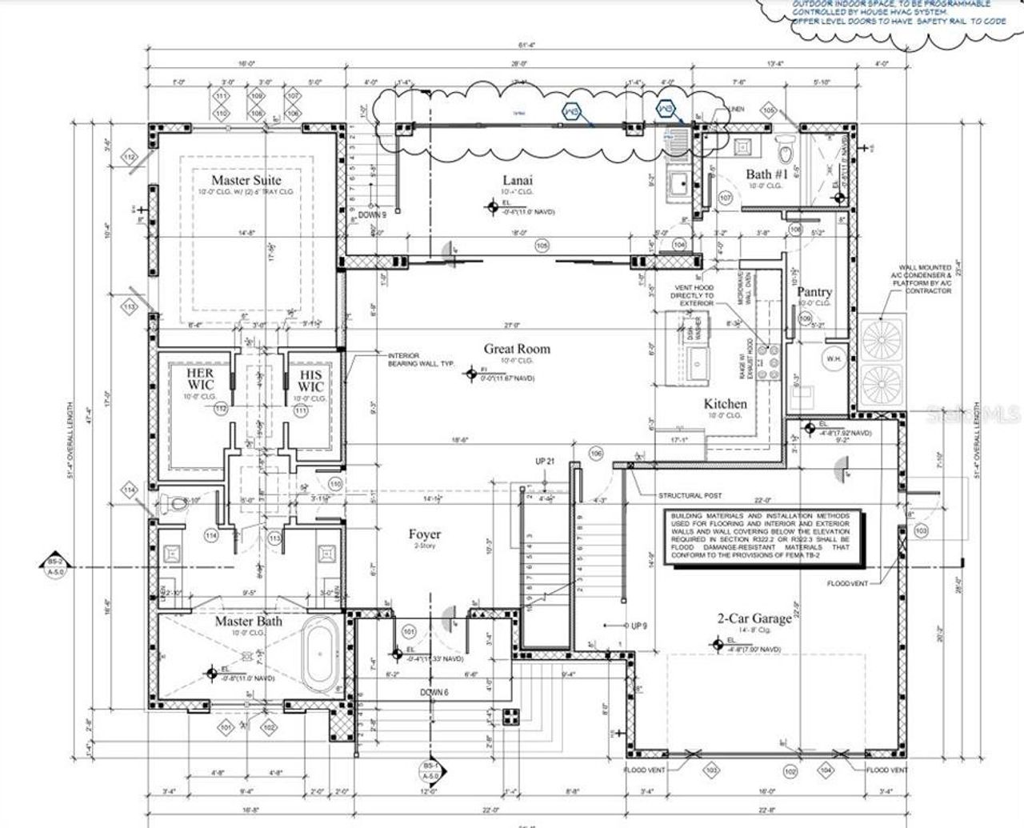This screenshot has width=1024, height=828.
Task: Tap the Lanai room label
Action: tap(518, 180)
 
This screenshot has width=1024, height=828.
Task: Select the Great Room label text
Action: tap(517, 349)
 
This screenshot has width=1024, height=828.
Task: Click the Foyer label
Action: tap(424, 534)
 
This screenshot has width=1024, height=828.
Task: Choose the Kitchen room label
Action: tap(725, 404)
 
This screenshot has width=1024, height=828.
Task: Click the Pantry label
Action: tap(814, 292)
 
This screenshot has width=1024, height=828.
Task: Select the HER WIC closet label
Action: tap(200, 380)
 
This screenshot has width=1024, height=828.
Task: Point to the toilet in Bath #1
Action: tap(785, 149)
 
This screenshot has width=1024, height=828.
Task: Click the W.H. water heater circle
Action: tap(834, 359)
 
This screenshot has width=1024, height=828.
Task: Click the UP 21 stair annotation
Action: tap(545, 462)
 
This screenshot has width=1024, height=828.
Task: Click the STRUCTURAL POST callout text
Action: tap(690, 496)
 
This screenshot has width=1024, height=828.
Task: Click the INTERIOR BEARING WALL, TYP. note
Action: tap(422, 360)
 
